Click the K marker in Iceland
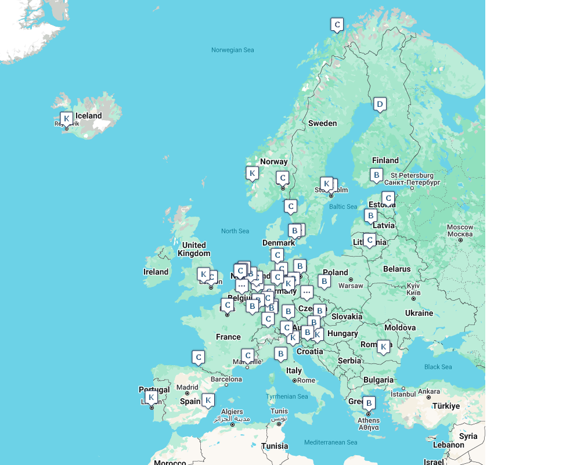tap(67, 119)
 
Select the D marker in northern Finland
tap(380, 104)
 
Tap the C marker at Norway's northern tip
tap(337, 24)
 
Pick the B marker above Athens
tap(369, 402)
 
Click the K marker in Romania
tap(383, 347)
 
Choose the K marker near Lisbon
tap(152, 398)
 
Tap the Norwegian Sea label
tap(232, 50)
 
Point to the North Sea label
tap(235, 231)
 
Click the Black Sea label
tap(438, 367)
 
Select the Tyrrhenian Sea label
tap(287, 396)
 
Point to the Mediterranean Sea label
tap(331, 442)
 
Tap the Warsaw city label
tap(350, 286)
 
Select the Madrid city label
tap(187, 387)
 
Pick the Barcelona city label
tap(226, 379)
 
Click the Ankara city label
tap(429, 391)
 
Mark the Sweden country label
tap(322, 123)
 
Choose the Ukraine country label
tap(419, 313)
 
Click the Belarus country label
tap(396, 269)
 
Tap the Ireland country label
tap(156, 272)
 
